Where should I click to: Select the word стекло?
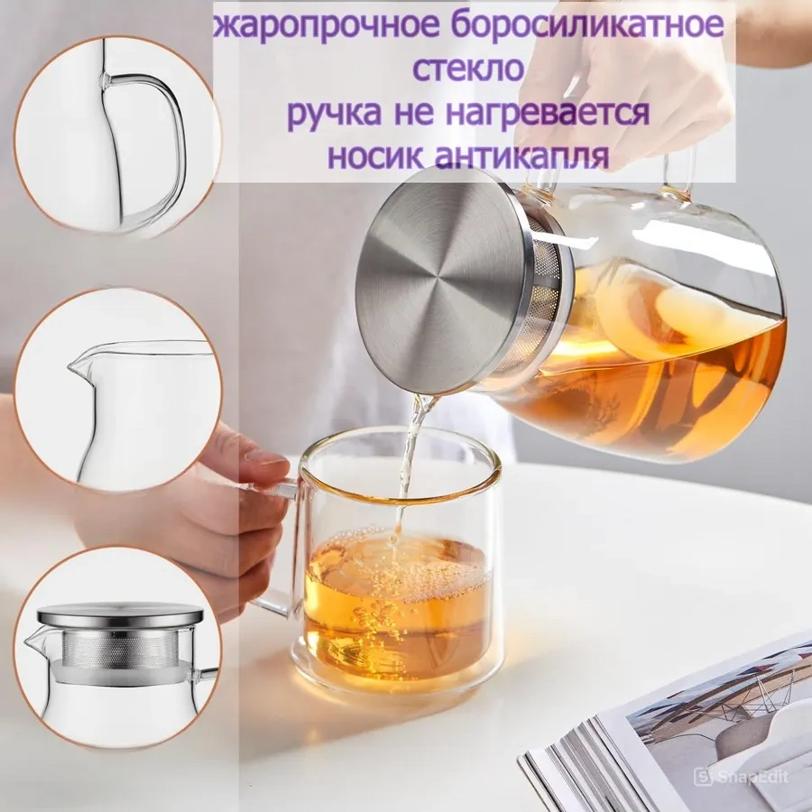point(468,69)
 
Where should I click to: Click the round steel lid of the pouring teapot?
point(451,280)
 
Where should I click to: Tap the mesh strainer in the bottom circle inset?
point(117,648)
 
